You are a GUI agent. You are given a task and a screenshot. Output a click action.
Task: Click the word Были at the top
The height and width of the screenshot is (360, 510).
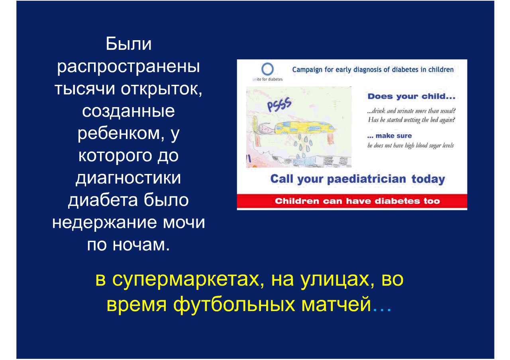point(128,44)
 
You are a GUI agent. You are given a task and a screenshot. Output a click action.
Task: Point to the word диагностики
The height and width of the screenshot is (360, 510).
point(128,178)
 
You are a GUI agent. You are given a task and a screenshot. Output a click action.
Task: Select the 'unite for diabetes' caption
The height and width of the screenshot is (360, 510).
point(267,79)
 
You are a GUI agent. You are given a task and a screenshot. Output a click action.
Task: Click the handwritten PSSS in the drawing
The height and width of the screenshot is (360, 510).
point(279,104)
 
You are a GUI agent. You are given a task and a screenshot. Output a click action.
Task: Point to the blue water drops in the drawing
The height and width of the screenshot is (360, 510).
point(302,145)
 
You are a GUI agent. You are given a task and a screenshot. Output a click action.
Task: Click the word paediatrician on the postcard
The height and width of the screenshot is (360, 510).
point(366,179)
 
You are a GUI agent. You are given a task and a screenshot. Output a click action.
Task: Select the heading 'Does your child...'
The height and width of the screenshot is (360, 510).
point(412,96)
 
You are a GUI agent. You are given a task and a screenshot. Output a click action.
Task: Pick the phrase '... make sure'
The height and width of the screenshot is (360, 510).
point(389,136)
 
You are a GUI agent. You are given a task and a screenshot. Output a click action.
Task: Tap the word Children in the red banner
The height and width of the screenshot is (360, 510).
point(297,201)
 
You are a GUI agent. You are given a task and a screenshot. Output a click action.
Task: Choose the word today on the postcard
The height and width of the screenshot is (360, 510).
point(428,179)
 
